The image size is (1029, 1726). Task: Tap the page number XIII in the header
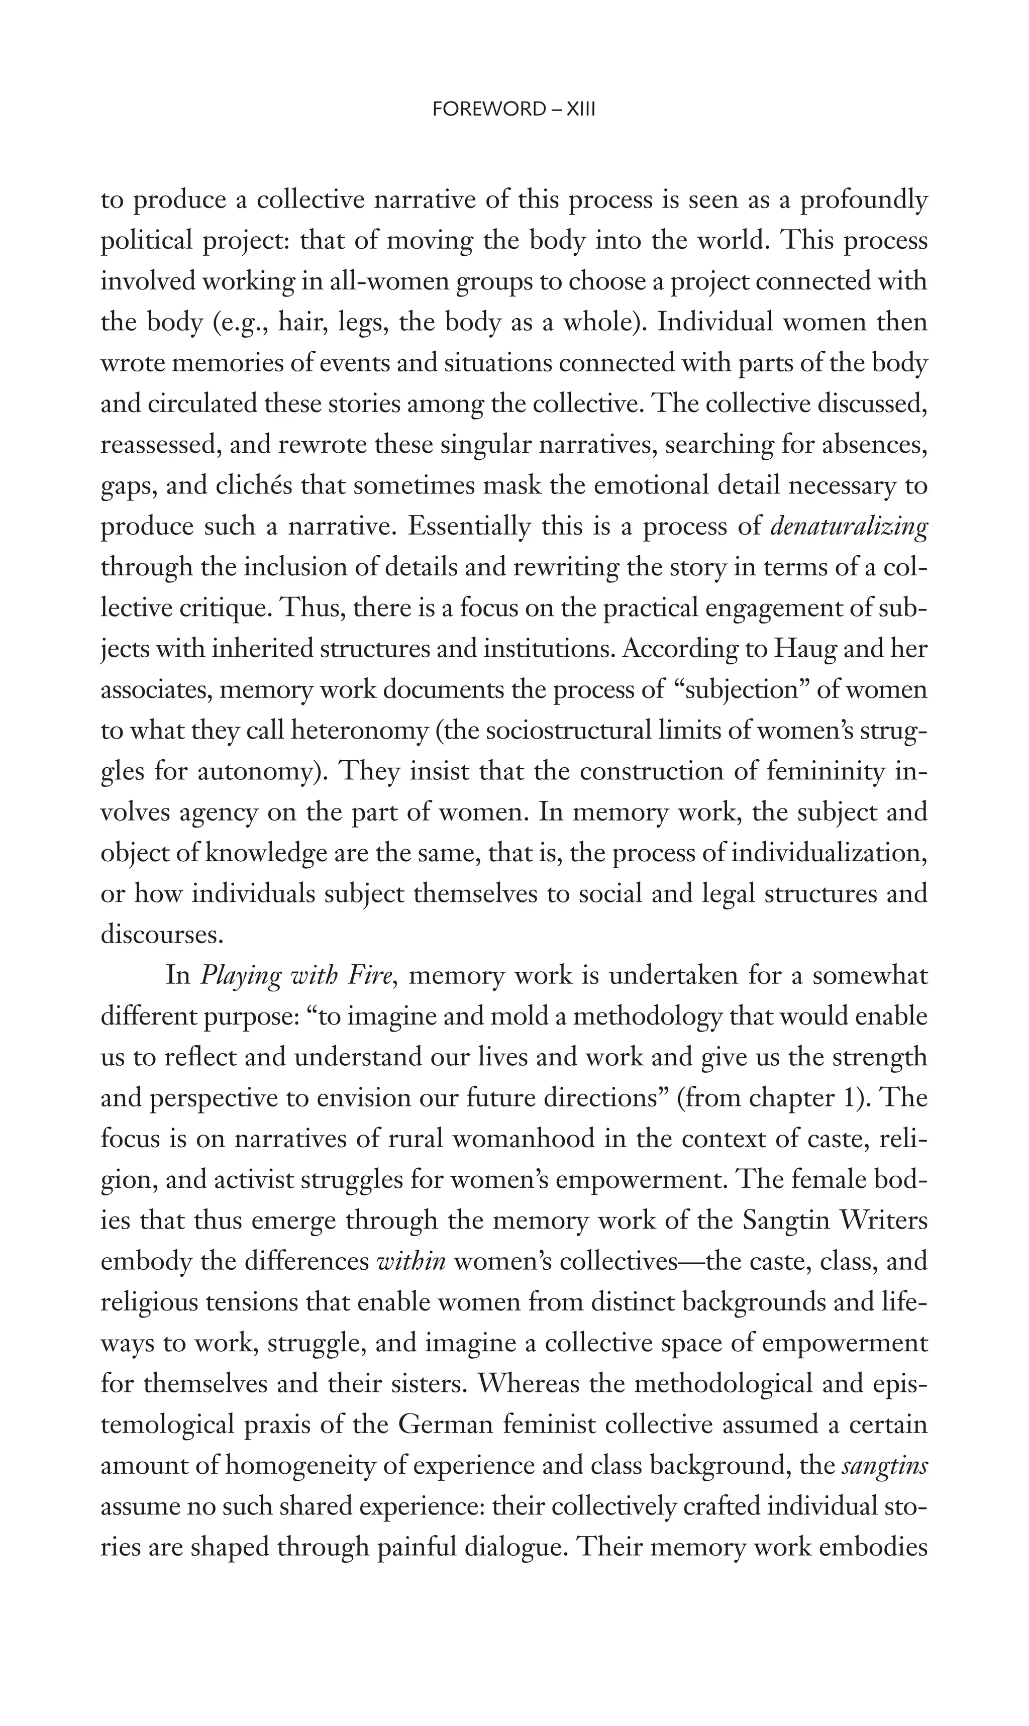pos(581,110)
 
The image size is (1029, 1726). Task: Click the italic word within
pos(410,1261)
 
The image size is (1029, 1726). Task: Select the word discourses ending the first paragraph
pos(162,935)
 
